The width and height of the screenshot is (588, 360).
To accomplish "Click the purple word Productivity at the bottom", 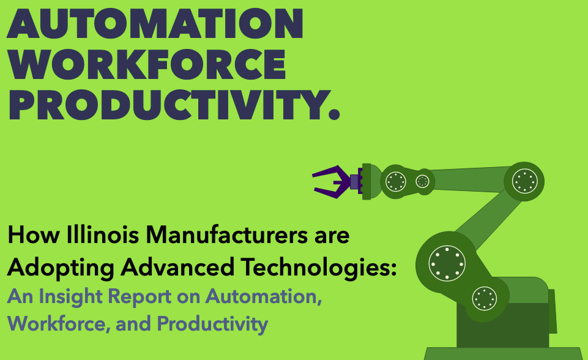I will (212, 323).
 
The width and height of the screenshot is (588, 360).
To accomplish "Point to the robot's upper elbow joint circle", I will (524, 181).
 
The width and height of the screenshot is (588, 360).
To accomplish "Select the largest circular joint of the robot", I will (447, 264).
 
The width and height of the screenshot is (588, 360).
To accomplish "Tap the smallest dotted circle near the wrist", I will (423, 181).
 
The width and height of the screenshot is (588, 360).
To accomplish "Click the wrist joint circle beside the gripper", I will (395, 181).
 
